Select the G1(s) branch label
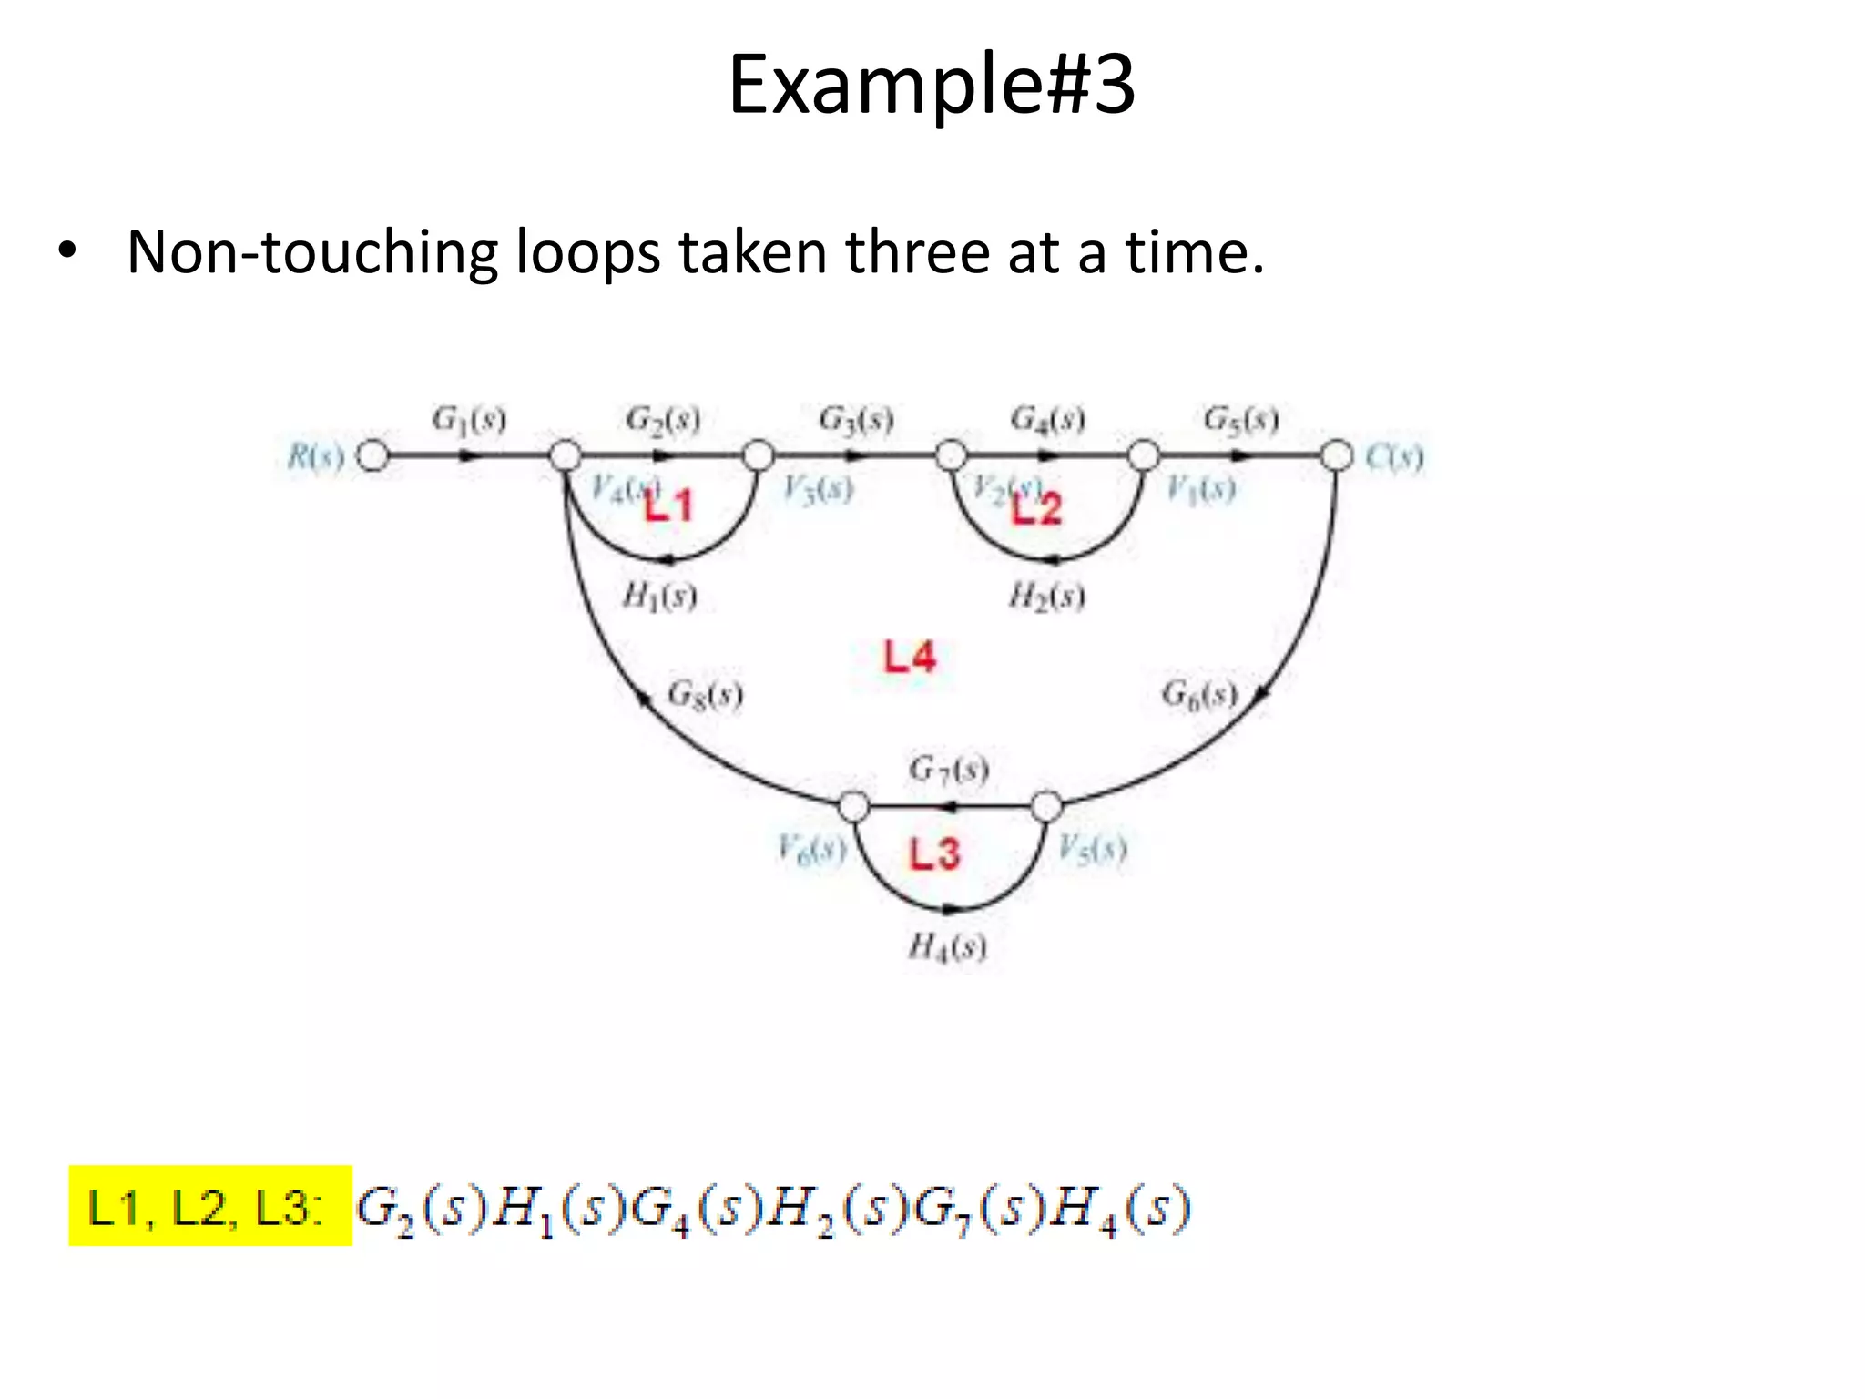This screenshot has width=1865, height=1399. (469, 420)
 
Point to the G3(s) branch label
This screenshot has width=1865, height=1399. (856, 420)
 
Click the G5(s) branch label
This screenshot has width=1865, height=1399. (1241, 420)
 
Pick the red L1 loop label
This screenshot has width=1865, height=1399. (669, 505)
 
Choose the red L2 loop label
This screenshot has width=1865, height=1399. (1037, 508)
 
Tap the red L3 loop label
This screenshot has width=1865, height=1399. (934, 853)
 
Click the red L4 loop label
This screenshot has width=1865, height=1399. (909, 657)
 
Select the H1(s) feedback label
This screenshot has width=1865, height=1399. (659, 597)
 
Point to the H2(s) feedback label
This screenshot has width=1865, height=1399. (1046, 597)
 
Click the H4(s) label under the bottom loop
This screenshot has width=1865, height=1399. (947, 947)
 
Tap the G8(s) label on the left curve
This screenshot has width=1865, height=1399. (705, 694)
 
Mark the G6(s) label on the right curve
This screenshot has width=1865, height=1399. (1199, 694)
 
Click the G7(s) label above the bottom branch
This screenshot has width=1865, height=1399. (948, 770)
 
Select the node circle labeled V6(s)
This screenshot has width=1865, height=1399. (853, 806)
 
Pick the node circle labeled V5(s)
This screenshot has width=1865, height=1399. (1046, 806)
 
